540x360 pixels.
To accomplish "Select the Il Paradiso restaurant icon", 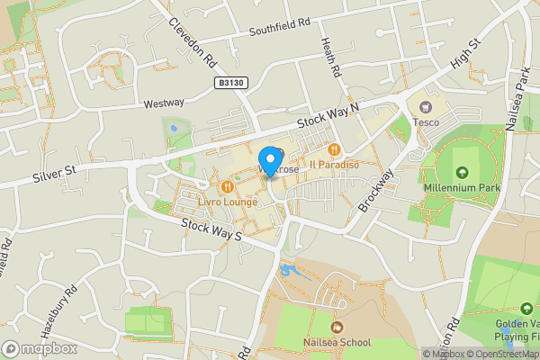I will click(x=334, y=149).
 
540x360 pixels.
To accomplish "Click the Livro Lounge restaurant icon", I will click(x=227, y=186).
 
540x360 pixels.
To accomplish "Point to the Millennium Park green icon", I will click(x=463, y=173).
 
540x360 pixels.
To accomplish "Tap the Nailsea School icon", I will click(x=337, y=327).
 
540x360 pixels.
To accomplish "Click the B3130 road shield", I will click(x=230, y=82).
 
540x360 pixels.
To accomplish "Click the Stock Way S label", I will click(x=212, y=229).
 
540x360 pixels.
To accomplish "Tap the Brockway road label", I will click(x=376, y=190).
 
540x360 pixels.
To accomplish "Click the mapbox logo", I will click(x=40, y=348).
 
